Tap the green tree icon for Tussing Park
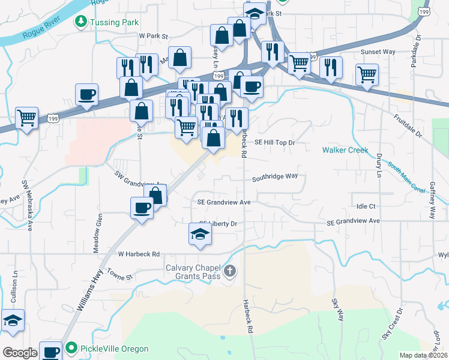tap(80, 22)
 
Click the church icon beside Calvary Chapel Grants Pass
tap(229, 272)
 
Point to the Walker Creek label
tap(345, 150)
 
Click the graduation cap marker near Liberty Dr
tap(200, 234)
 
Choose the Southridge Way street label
tap(275, 176)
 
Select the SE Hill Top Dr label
tap(276, 143)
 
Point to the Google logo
tap(20, 353)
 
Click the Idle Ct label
tap(366, 206)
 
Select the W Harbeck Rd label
tap(139, 253)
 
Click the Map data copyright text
tap(423, 355)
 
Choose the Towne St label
tap(119, 275)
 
